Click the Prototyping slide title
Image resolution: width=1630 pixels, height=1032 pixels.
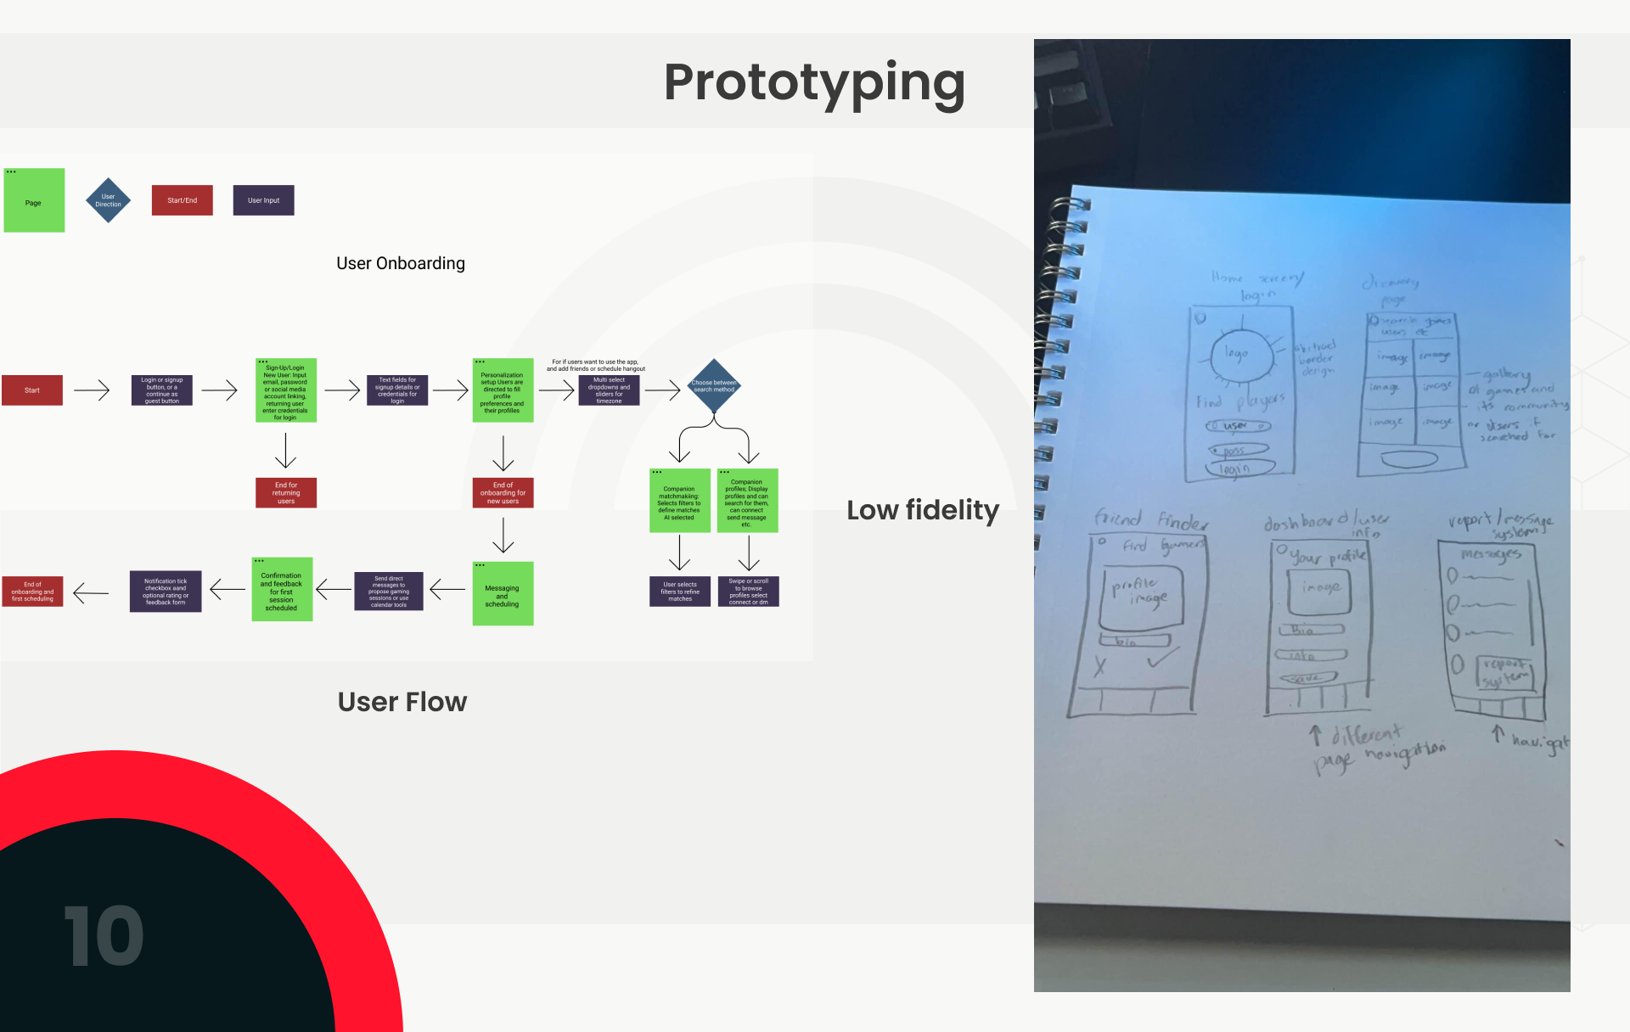(814, 83)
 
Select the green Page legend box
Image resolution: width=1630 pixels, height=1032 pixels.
(34, 200)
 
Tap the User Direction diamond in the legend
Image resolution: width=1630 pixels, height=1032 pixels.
(109, 200)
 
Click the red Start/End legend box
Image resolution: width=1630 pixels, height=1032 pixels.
(182, 200)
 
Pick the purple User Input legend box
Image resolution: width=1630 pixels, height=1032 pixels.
(263, 200)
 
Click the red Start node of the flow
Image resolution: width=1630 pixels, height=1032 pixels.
(32, 390)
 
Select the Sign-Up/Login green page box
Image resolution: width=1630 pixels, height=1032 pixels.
(285, 390)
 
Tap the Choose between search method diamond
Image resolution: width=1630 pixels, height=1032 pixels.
(714, 386)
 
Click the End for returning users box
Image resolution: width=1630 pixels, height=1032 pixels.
(286, 493)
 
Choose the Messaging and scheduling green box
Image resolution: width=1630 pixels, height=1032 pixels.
(503, 594)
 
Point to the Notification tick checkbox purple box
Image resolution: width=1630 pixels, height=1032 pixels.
(166, 592)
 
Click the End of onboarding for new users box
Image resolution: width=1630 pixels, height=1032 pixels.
(503, 493)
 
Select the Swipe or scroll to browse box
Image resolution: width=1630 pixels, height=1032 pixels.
(748, 592)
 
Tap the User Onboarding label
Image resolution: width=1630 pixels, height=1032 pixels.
(401, 263)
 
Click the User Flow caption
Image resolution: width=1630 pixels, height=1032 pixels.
(402, 702)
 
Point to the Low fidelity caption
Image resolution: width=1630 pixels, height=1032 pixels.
(923, 510)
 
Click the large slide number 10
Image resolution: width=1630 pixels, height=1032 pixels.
(104, 935)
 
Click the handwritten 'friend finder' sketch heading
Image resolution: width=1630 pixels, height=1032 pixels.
(1150, 519)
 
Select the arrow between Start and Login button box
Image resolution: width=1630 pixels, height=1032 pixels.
(92, 390)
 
